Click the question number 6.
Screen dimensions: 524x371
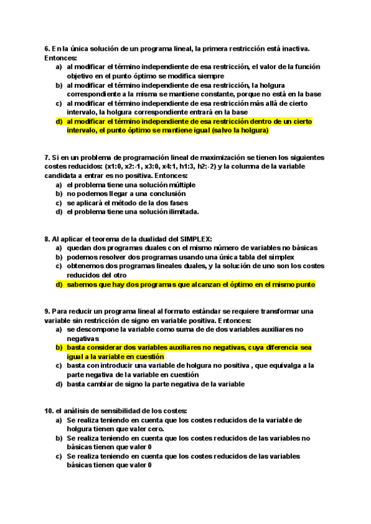47,48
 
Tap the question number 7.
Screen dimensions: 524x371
47,158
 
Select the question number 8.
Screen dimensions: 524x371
47,239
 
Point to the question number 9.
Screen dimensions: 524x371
47,311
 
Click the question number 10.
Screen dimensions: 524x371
49,410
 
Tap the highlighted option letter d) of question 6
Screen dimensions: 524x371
59,122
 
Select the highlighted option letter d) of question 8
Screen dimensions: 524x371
59,284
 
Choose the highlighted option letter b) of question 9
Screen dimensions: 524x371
59,347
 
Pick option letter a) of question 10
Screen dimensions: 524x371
59,420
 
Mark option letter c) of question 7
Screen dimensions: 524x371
59,203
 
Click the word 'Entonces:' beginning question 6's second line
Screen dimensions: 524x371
60,57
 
